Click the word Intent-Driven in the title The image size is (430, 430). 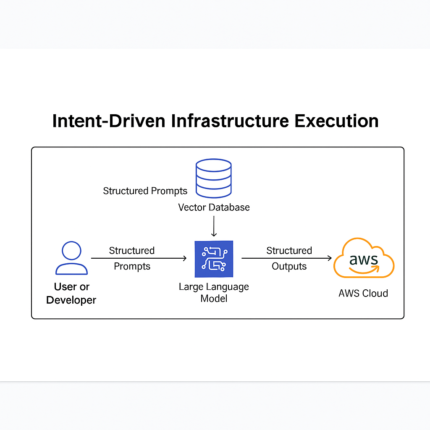109,121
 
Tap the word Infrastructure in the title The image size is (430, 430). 230,121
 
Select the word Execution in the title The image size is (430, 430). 336,121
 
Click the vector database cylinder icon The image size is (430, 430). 214,178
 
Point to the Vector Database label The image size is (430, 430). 214,207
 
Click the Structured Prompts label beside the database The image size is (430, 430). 145,191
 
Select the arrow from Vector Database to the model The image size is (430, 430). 214,226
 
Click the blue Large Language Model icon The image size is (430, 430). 214,259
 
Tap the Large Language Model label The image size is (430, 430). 214,292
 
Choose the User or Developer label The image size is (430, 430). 71,293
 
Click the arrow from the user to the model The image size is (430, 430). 139,258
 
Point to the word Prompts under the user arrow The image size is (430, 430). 132,267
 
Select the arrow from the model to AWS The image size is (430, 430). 286,258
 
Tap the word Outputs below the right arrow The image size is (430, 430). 289,266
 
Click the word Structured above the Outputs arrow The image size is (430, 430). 289,250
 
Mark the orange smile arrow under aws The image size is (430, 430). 364,270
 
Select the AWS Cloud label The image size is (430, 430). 363,294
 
